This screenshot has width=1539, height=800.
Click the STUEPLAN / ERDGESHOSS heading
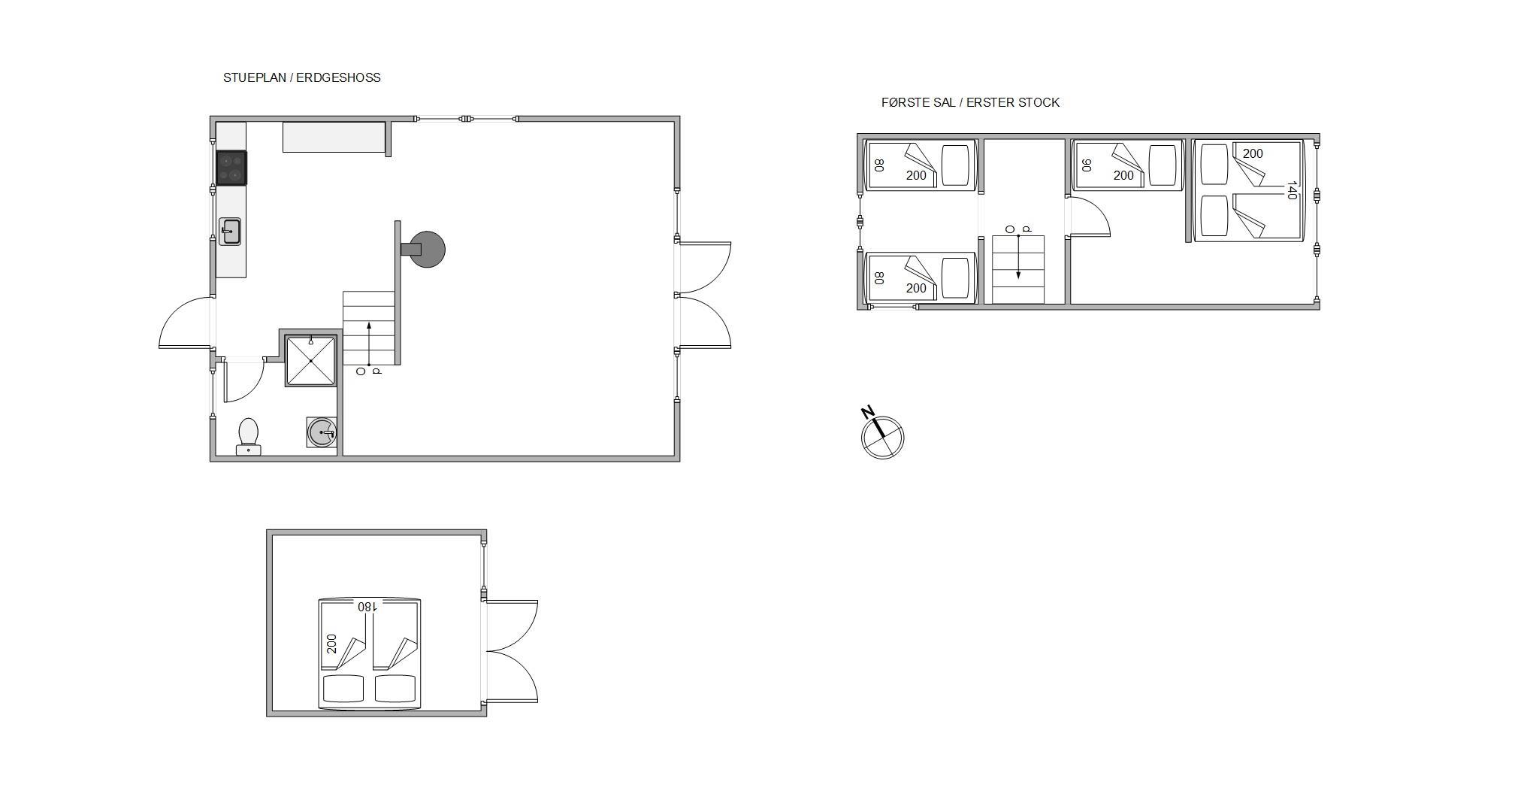click(301, 77)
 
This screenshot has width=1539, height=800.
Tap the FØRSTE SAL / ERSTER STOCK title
click(970, 102)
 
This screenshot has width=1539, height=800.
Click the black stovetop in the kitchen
click(231, 168)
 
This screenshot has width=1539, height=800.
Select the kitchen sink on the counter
click(230, 232)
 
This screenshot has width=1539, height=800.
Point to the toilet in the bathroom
click(248, 437)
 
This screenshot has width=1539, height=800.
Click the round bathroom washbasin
click(322, 432)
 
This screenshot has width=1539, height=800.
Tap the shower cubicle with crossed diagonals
click(310, 361)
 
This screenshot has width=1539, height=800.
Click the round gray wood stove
click(427, 250)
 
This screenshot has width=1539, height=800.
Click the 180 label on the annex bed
click(367, 606)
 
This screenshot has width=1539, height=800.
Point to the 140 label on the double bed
click(1292, 190)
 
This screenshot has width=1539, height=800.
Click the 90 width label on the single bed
click(1086, 165)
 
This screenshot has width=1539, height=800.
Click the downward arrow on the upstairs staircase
click(1018, 256)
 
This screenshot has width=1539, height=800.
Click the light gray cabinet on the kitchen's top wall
click(334, 137)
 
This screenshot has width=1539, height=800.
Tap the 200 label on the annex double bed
click(331, 644)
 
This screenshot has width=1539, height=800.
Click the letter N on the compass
click(868, 412)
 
